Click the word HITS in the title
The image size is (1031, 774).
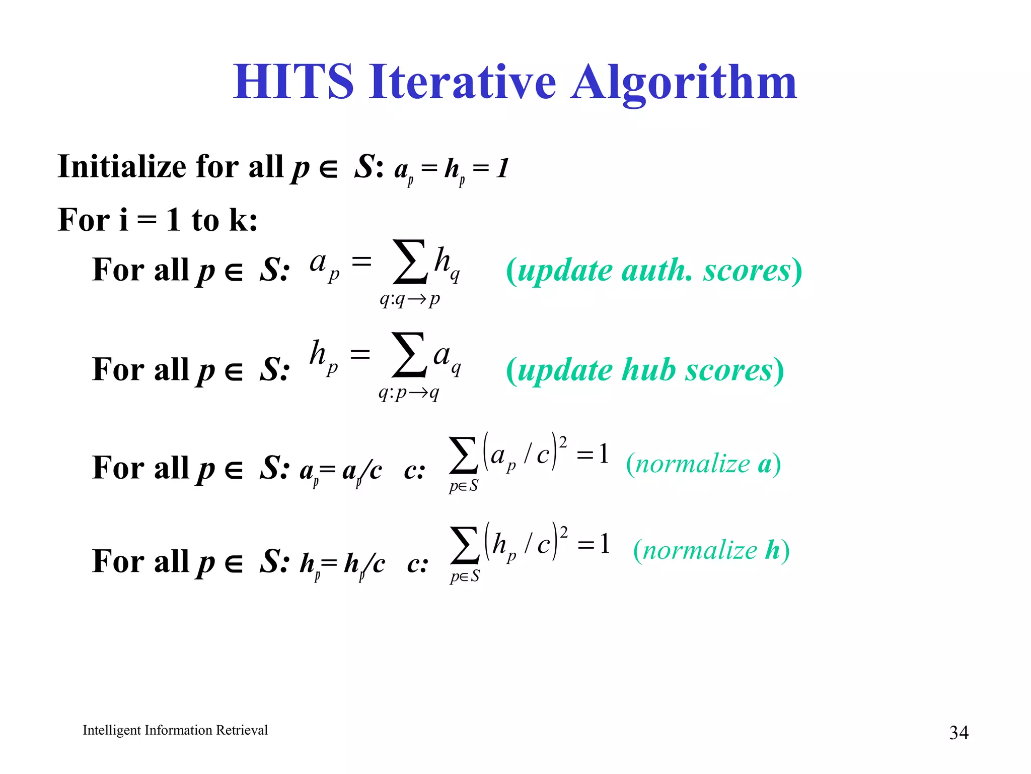[293, 82]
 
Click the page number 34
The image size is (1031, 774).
[959, 732]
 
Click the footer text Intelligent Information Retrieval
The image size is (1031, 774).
[175, 730]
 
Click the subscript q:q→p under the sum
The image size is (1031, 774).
[410, 299]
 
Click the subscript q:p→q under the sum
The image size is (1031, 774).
[409, 393]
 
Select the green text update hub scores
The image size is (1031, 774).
[645, 370]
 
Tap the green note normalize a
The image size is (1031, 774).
[703, 464]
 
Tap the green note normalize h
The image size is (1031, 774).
[711, 550]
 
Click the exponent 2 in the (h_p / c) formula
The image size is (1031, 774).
[564, 532]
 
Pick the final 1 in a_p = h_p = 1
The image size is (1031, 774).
[502, 168]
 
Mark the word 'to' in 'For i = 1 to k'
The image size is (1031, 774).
[205, 221]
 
